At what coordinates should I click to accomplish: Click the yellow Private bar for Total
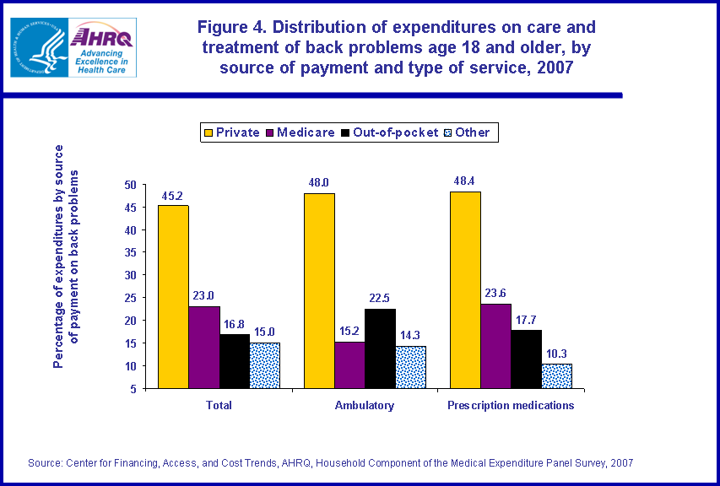173,297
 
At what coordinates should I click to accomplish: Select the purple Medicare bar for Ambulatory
349,365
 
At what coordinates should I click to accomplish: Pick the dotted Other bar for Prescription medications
556,376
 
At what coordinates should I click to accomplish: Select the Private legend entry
230,132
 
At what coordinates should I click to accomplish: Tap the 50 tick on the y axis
129,184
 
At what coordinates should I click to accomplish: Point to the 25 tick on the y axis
129,298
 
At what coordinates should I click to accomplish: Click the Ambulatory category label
365,405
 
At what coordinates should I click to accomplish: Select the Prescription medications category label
511,405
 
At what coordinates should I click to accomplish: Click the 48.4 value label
465,181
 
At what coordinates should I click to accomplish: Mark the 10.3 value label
556,354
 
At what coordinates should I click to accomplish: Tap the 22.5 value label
380,299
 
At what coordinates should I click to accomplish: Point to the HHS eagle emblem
38,46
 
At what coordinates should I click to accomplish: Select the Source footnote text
330,462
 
